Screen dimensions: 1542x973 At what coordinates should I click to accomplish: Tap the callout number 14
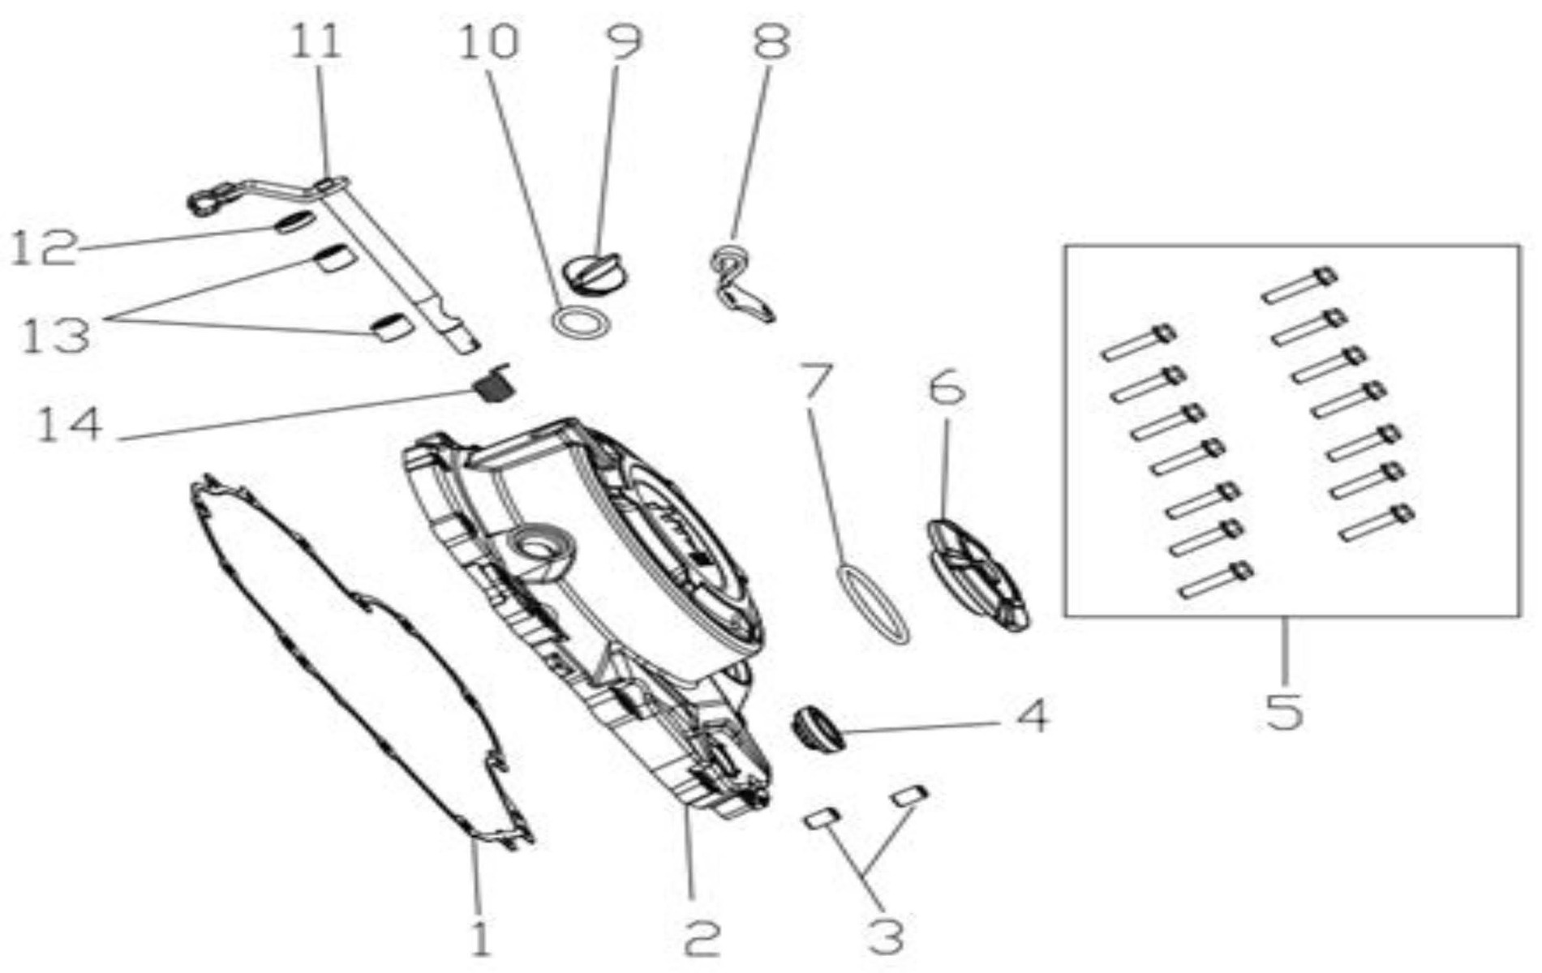click(70, 424)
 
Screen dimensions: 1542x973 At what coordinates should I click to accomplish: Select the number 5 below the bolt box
click(1284, 710)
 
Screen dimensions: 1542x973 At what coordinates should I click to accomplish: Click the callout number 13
click(55, 335)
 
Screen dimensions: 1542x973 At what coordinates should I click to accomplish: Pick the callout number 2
click(702, 939)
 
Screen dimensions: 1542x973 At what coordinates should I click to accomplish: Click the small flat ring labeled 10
click(581, 321)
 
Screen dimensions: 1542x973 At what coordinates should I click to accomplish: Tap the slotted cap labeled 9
click(595, 272)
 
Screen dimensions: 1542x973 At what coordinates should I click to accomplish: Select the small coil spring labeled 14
click(494, 383)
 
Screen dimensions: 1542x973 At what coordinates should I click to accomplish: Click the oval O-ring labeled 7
click(872, 604)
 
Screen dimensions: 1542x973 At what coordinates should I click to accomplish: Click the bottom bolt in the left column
click(1215, 581)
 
